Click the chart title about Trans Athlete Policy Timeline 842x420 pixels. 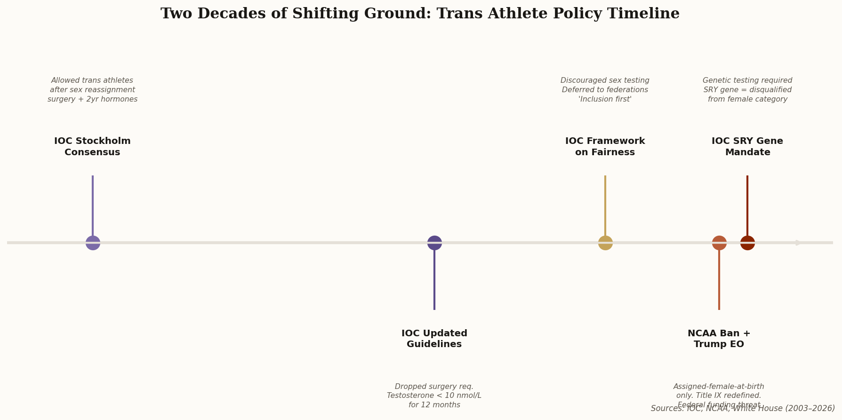point(420,14)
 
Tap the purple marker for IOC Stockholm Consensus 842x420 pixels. point(93,243)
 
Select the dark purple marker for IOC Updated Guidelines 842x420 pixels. point(434,243)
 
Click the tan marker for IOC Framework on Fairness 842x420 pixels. point(605,243)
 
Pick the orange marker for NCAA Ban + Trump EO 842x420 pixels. point(719,243)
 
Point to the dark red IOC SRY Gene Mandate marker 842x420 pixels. point(747,243)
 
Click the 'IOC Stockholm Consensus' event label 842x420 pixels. point(92,147)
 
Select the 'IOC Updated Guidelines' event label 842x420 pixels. point(434,339)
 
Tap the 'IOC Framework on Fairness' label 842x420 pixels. point(605,147)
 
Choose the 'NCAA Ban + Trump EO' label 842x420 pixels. point(719,339)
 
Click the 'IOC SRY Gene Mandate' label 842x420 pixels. point(747,147)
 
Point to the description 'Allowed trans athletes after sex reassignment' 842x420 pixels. point(92,90)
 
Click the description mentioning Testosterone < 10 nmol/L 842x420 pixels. point(434,396)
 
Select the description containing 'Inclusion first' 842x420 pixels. point(605,90)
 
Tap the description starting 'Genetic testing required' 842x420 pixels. point(747,90)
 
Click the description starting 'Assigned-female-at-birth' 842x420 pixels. point(719,391)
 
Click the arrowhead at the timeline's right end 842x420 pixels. point(799,243)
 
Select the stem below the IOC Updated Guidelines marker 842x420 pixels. point(434,280)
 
